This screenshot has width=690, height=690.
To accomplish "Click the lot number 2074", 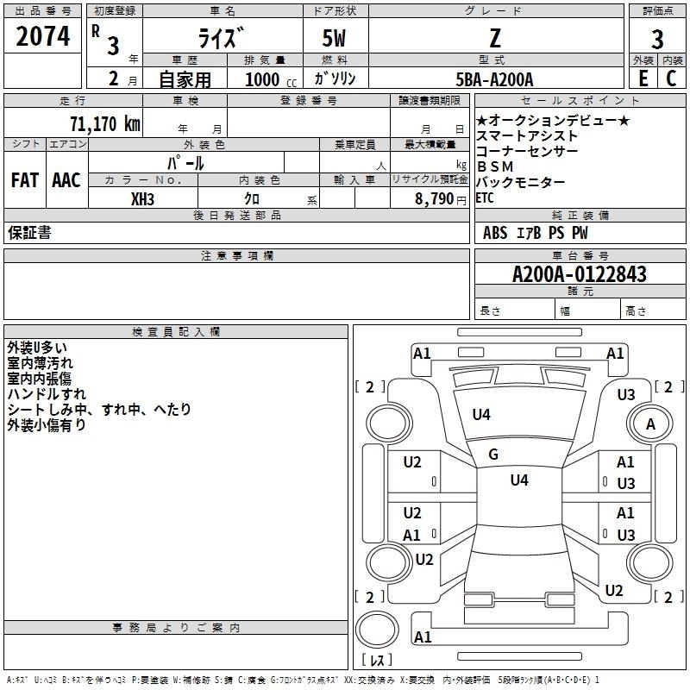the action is pos(42,36).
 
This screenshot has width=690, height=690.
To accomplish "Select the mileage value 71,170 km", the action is pos(105,123).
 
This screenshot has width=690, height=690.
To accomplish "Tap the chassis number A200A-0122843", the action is pos(580,274).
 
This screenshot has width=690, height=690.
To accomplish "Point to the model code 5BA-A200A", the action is pos(494,79).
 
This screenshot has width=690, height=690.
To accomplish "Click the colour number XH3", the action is pos(142,199).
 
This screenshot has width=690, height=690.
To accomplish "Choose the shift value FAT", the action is pos(25,180).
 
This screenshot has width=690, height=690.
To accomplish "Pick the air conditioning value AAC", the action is pos(66,180).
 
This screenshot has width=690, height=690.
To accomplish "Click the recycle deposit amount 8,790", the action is pos(434,199).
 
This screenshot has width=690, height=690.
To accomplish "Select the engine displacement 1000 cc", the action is pos(271,79).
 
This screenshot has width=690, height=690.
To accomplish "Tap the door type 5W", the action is pos(334,38).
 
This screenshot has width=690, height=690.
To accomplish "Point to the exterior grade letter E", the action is pos(643,78).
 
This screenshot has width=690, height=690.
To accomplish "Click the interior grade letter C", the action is pos(671,78).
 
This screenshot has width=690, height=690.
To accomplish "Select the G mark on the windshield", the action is pos(493,455).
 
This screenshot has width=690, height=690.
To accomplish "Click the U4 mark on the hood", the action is pos(481,415).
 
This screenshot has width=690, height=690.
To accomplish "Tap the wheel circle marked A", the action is pos(650,423).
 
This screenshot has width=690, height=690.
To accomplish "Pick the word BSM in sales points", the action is pos(495,166).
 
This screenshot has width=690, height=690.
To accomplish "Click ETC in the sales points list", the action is pos(485,198).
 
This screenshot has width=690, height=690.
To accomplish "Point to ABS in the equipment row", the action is pos(495,233).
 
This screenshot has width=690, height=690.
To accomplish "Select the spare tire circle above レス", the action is pos(377,629).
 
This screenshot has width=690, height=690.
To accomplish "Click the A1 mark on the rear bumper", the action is pos(423,637).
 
